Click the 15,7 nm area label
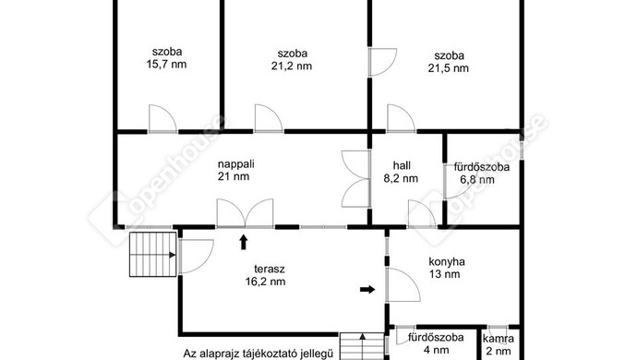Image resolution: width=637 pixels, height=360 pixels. coord(166,65)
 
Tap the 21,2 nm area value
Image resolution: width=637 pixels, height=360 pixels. coord(292,66)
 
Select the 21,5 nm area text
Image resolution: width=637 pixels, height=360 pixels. coord(449,68)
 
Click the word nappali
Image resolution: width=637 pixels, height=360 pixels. coord(236,164)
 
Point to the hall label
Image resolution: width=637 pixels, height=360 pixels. coord(402,165)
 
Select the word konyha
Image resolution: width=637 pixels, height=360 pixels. coord(447,261)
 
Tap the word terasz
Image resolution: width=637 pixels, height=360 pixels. coord(270,269)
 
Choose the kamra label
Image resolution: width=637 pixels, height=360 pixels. coord(499,339)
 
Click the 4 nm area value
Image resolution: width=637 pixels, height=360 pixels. coord(436,350)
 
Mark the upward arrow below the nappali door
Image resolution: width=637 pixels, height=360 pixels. coord(244,242)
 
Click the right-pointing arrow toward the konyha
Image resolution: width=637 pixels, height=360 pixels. coord(367,289)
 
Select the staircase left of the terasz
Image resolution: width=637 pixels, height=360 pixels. coord(152,255)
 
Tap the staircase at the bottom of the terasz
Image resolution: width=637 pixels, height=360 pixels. coord(362,346)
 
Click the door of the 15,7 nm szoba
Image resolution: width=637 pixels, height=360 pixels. coord(162,119)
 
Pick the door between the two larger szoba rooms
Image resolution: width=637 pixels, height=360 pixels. coord(382,62)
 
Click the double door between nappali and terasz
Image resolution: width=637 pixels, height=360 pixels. coord(245,213)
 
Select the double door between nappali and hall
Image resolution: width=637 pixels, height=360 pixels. coord(356,179)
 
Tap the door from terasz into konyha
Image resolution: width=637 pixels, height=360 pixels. coord(403,285)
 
